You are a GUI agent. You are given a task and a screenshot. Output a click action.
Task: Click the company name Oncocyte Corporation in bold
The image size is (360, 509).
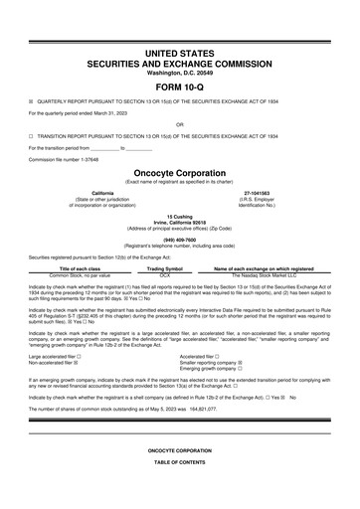[x=179, y=171]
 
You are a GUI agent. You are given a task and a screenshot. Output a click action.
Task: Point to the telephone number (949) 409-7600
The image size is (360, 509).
[x=179, y=239]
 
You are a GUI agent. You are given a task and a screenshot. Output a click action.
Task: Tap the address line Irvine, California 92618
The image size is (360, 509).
[x=179, y=220]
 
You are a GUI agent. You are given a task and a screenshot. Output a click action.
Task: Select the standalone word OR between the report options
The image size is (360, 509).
[x=179, y=124]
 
